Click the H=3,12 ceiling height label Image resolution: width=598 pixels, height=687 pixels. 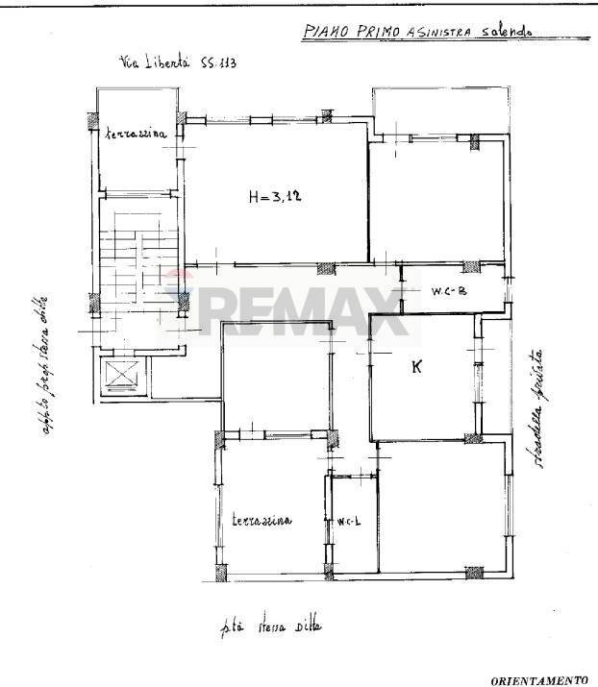pyautogui.click(x=275, y=198)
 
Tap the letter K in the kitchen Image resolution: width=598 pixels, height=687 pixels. pyautogui.click(x=416, y=366)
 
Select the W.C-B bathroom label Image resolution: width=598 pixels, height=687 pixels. pyautogui.click(x=449, y=294)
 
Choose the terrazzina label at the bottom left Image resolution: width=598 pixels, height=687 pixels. pyautogui.click(x=261, y=520)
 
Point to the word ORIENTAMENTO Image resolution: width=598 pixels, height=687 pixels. pyautogui.click(x=539, y=679)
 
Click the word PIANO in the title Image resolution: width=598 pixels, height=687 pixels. pyautogui.click(x=325, y=32)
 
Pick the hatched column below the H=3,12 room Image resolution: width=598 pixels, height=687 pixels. pyautogui.click(x=327, y=268)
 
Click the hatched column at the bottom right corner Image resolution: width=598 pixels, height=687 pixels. pyautogui.click(x=474, y=573)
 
